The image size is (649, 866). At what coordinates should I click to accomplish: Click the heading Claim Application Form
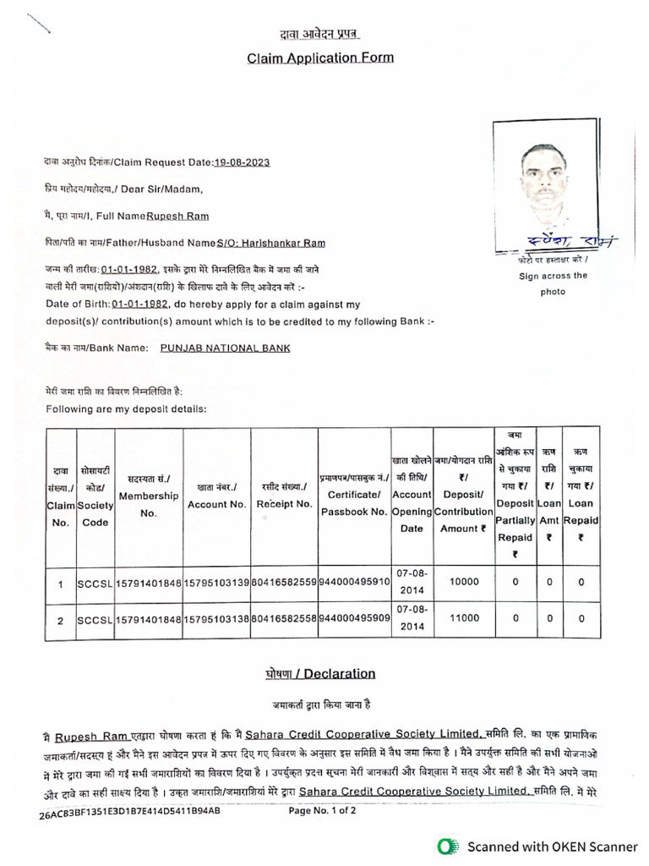[319, 58]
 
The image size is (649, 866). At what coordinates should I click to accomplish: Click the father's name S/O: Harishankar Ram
[270, 243]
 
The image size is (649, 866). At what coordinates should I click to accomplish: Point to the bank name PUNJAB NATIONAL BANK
[225, 348]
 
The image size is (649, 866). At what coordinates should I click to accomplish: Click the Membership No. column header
[148, 495]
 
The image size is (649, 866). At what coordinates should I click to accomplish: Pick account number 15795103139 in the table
[216, 583]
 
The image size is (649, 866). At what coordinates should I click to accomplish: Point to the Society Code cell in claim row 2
[95, 620]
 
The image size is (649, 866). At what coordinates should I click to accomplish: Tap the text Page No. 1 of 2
[322, 809]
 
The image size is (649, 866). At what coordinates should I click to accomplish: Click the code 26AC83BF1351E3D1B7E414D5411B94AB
[129, 812]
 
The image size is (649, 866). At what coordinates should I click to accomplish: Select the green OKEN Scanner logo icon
[449, 845]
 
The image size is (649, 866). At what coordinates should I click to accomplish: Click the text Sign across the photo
[552, 282]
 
